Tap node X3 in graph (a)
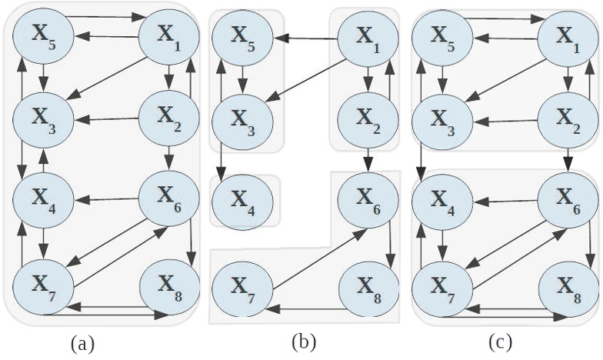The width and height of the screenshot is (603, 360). click(x=42, y=120)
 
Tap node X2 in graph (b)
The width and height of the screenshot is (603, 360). click(x=368, y=118)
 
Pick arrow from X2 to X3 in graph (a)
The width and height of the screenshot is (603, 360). click(x=106, y=120)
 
